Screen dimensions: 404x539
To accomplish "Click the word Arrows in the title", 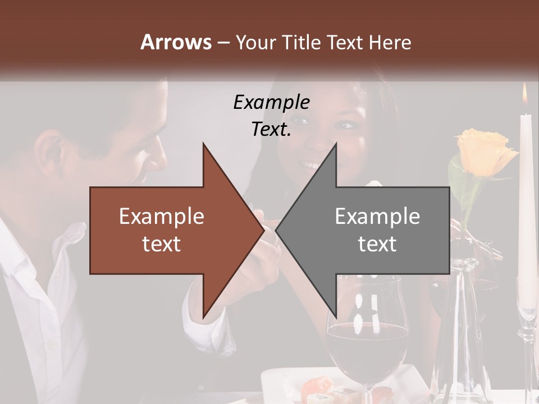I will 176,42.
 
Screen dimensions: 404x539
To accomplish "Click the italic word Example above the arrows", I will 271,102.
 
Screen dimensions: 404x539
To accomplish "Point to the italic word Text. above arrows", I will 271,130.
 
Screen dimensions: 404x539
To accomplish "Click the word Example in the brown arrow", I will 161,217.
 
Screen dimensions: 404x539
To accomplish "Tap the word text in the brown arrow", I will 161,244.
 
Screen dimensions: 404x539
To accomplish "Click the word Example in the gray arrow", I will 377,217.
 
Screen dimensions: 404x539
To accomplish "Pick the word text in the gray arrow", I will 377,244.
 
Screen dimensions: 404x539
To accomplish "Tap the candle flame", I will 525,95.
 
